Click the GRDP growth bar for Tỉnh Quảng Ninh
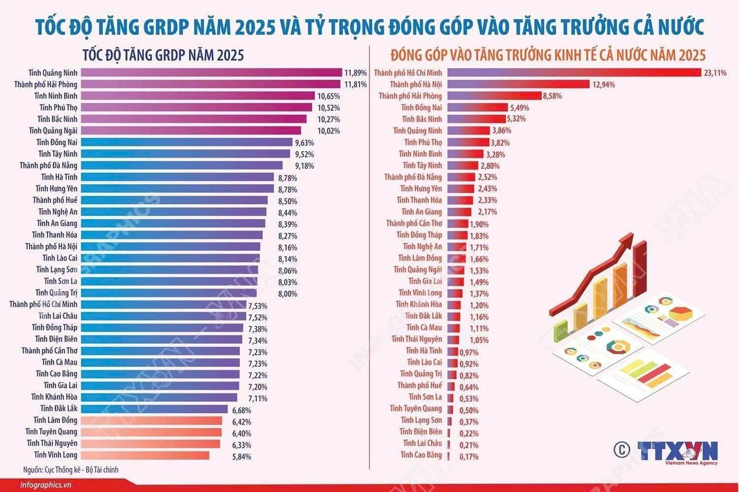pyautogui.click(x=211, y=72)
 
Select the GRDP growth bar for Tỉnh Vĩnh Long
pyautogui.click(x=145, y=455)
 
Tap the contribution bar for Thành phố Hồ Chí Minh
pyautogui.click(x=574, y=72)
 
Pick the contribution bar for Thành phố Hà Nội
pyautogui.click(x=519, y=84)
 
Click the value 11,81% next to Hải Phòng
pyautogui.click(x=356, y=84)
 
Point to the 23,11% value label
pyautogui.click(x=715, y=73)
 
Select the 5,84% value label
pyautogui.click(x=241, y=457)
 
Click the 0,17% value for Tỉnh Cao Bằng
pyautogui.click(x=469, y=457)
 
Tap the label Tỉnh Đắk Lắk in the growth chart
pyautogui.click(x=59, y=409)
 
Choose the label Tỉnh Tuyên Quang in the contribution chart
pyautogui.click(x=416, y=409)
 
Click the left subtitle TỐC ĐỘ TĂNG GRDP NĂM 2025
pyautogui.click(x=163, y=55)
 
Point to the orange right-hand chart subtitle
pyautogui.click(x=548, y=55)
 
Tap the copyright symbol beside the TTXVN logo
pyautogui.click(x=622, y=450)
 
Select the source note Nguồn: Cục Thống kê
pyautogui.click(x=70, y=470)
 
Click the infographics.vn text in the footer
pyautogui.click(x=45, y=485)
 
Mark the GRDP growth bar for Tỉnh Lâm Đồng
pyautogui.click(x=151, y=421)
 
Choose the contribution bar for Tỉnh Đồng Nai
pyautogui.click(x=478, y=107)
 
